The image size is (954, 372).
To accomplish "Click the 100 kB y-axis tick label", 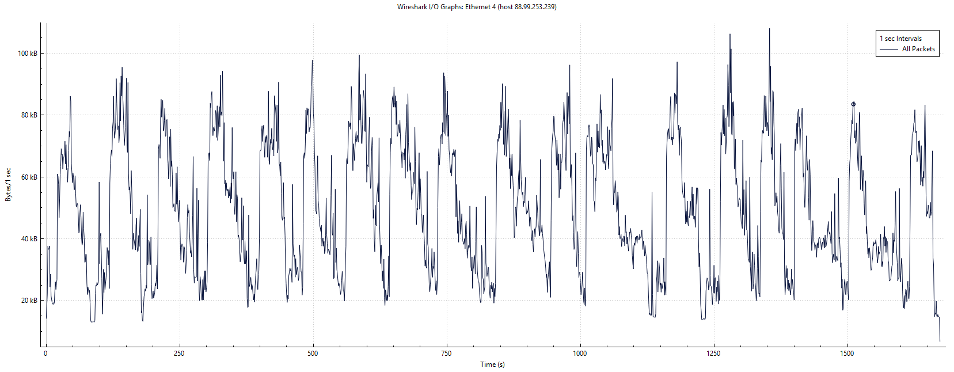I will (27, 54).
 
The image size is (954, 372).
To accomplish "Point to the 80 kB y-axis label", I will (29, 115).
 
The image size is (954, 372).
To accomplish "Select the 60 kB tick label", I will (29, 177).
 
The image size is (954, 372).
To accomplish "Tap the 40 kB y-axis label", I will (29, 239).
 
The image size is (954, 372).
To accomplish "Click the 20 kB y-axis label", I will (29, 301).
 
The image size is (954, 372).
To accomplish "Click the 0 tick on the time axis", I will (45, 354).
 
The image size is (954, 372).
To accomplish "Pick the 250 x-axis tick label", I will (179, 354).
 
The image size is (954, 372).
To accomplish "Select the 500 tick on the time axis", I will (313, 354).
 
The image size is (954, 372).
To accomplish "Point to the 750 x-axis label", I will (446, 354).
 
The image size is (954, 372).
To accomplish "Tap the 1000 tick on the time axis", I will (580, 354).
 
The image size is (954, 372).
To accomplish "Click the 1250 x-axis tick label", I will (713, 354).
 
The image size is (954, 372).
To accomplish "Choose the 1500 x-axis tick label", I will (847, 354).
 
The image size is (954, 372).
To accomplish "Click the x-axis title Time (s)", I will (492, 365).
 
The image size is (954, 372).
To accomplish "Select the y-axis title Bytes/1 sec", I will (8, 185).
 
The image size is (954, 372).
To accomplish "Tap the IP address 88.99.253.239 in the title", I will (535, 7).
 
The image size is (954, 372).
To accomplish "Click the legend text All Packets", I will (918, 50).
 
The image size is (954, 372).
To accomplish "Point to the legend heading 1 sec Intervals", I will (900, 39).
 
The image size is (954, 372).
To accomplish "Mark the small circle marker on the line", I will (853, 104).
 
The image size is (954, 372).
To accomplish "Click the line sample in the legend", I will (889, 50).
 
